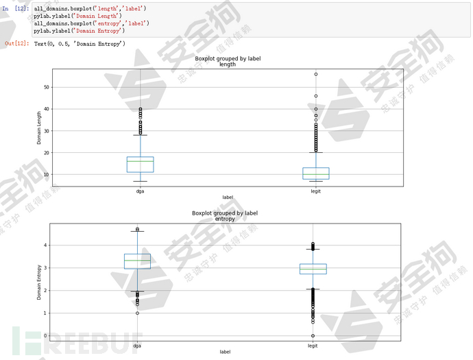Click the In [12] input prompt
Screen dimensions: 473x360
tap(15, 8)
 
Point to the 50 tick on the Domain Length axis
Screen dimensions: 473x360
tap(47, 87)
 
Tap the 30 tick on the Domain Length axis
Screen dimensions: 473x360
tap(47, 131)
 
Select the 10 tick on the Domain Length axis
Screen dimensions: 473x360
tap(47, 174)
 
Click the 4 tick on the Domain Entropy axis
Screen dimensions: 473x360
tap(46, 245)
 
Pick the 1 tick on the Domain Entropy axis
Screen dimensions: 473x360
tap(46, 313)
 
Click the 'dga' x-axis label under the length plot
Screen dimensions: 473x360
tap(140, 191)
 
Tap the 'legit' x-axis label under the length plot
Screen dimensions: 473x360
tap(315, 191)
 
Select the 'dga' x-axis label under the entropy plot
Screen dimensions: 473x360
tap(137, 346)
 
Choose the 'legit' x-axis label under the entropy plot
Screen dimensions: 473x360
tap(313, 346)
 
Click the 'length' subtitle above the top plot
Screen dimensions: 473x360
tap(228, 64)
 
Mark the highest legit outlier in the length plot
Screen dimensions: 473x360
tap(315, 74)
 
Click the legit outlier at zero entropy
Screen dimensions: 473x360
tap(313, 336)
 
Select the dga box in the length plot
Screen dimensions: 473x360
tap(140, 164)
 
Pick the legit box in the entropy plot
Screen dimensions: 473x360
tap(313, 269)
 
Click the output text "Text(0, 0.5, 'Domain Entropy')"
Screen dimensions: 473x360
tap(80, 44)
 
